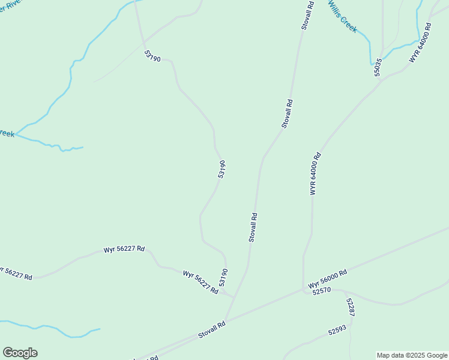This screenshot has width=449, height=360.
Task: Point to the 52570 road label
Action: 322,291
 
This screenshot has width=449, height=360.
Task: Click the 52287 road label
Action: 351,307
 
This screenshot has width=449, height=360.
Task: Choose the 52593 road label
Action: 337,331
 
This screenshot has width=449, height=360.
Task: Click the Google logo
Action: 20,353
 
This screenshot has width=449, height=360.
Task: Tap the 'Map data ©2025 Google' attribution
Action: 412,355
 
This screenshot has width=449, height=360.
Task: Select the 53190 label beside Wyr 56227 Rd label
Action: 223,277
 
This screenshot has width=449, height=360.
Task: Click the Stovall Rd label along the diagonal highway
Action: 212,330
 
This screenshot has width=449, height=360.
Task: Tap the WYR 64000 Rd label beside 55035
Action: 421,43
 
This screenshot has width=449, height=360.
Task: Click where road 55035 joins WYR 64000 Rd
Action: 382,80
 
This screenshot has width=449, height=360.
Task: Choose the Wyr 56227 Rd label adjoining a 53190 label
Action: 200,281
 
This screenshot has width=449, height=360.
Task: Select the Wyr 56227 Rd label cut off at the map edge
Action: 16,274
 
